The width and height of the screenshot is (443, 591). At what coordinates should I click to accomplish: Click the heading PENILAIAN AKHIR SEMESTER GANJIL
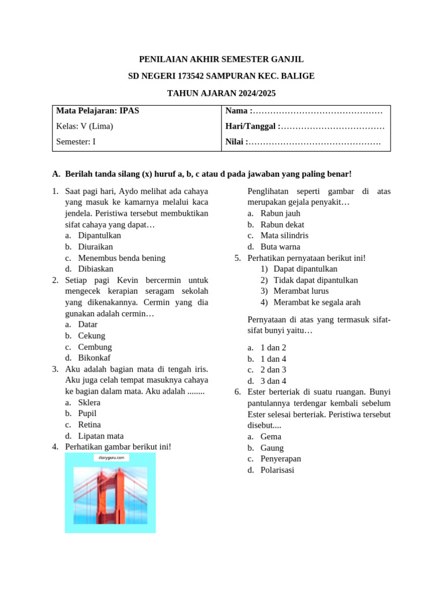pyautogui.click(x=221, y=59)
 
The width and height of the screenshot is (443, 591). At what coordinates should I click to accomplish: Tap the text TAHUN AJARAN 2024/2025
pyautogui.click(x=221, y=93)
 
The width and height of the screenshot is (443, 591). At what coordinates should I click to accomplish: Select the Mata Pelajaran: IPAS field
pyautogui.click(x=98, y=110)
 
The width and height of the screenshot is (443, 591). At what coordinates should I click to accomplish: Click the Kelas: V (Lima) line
pyautogui.click(x=85, y=126)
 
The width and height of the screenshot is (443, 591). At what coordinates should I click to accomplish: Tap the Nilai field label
pyautogui.click(x=236, y=141)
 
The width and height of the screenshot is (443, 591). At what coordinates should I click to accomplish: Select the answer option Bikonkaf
pyautogui.click(x=96, y=358)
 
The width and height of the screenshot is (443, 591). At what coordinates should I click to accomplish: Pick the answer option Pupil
pyautogui.click(x=87, y=413)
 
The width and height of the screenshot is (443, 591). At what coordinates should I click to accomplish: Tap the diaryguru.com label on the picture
pyautogui.click(x=110, y=458)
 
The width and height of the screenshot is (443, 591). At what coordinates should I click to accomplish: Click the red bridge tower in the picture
pyautogui.click(x=110, y=496)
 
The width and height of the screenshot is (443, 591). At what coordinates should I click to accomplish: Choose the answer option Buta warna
pyautogui.click(x=280, y=246)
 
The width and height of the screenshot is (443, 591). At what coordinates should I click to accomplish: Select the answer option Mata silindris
pyautogui.click(x=284, y=235)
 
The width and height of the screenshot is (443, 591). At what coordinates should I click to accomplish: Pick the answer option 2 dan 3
pyautogui.click(x=273, y=369)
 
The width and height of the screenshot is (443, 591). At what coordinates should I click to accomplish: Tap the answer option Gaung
pyautogui.click(x=272, y=448)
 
